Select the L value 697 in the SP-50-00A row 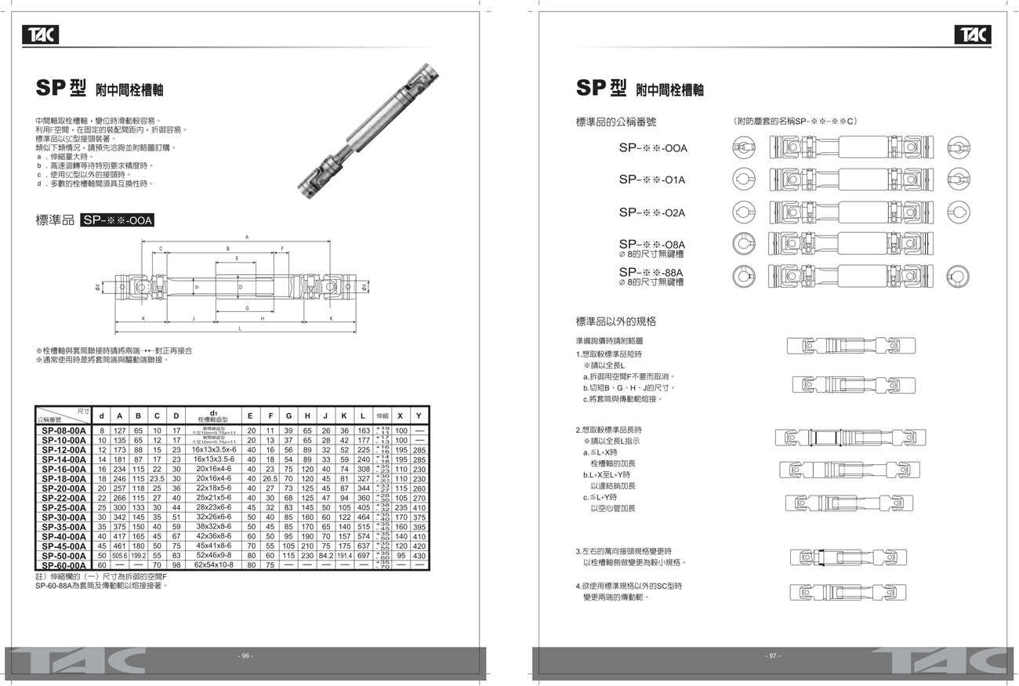pos(364,556)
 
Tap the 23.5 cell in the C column pos(157,478)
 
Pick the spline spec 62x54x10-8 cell pos(214,565)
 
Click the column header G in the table pos(288,416)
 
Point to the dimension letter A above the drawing pos(246,236)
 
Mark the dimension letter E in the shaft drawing pos(237,257)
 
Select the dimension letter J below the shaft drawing pos(194,319)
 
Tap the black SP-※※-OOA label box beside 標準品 pos(117,221)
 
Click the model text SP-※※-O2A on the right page pos(652,212)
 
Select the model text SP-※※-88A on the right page pos(652,273)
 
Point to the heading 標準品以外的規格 pos(616,321)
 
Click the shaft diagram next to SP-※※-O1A pos(843,180)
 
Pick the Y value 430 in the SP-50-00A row pos(419,556)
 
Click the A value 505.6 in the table pos(120,556)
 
